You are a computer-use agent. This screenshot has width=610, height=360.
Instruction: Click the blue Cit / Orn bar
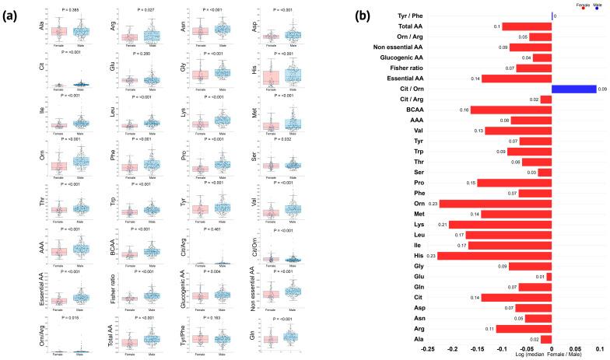(573, 89)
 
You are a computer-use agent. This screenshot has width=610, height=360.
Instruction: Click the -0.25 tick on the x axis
(427, 350)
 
